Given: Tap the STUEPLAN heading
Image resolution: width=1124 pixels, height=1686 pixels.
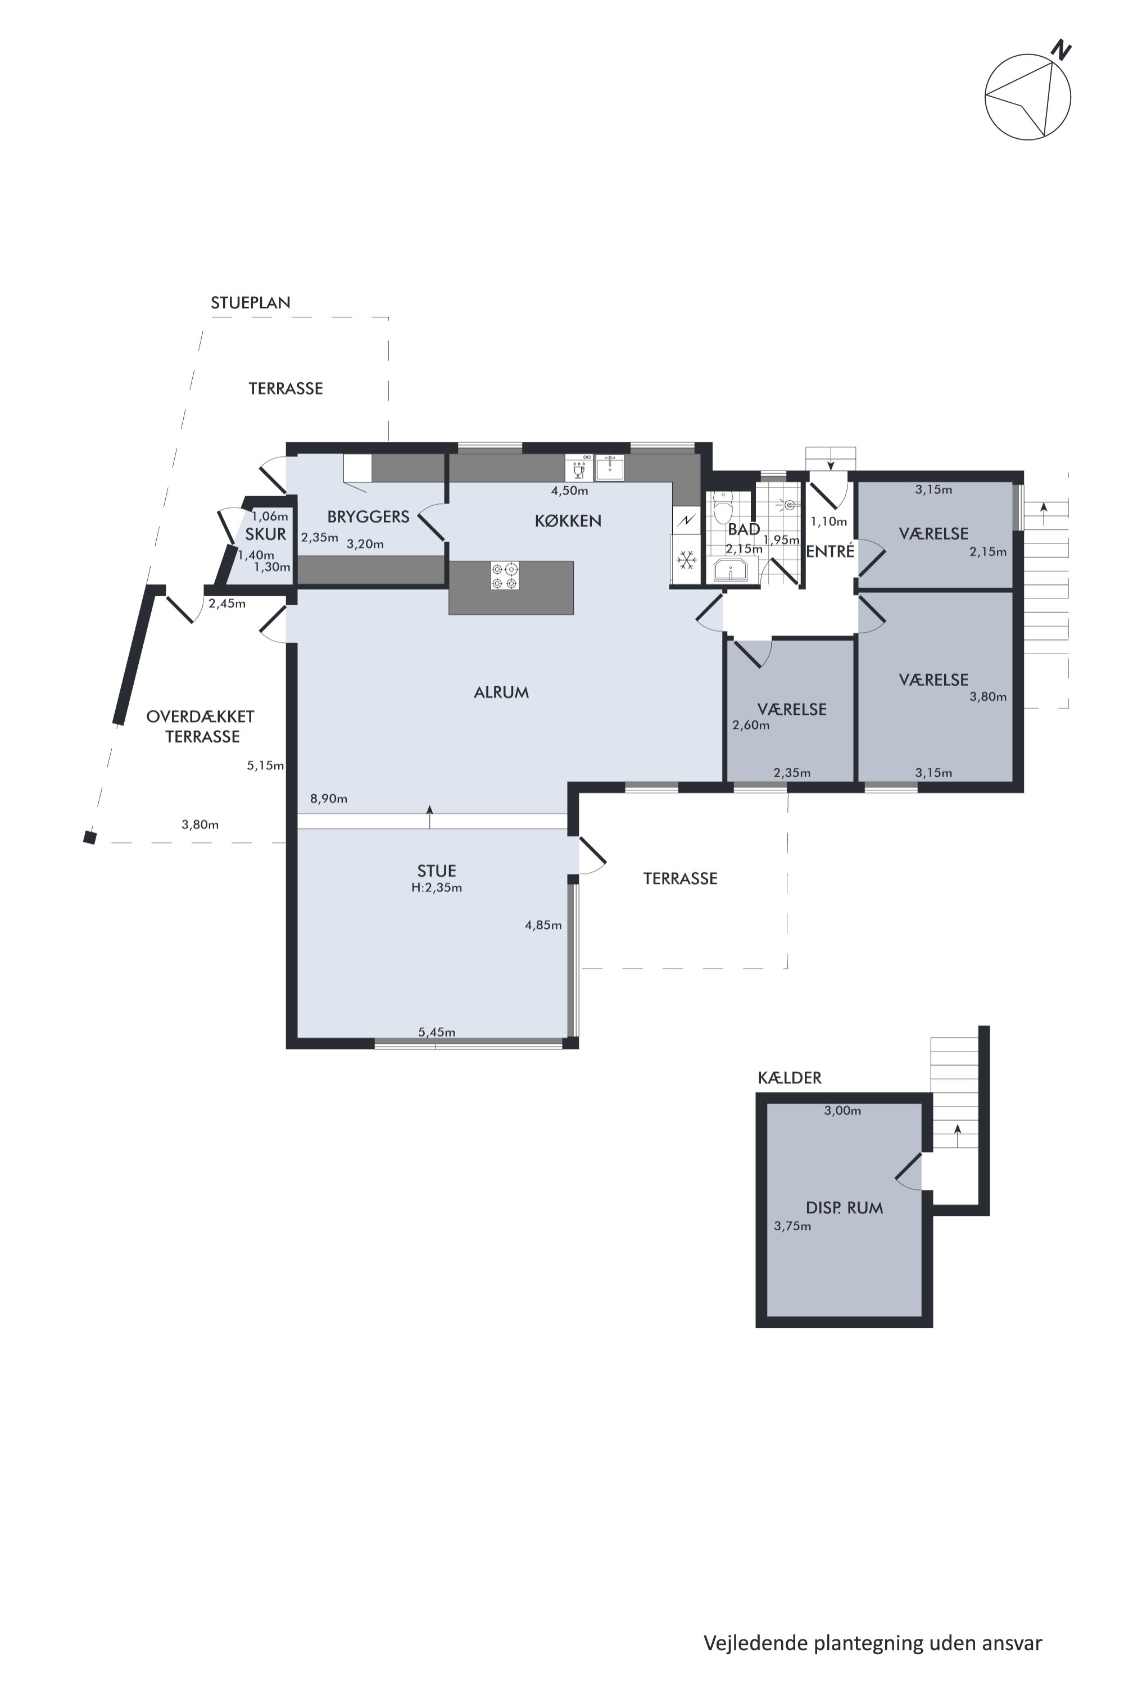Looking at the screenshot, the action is (x=250, y=302).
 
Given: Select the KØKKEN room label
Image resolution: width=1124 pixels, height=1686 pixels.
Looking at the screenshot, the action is (x=568, y=521).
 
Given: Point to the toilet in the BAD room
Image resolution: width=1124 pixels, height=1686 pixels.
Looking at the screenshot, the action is (x=723, y=507).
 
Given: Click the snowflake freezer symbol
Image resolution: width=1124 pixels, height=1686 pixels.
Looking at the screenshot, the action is (x=686, y=559).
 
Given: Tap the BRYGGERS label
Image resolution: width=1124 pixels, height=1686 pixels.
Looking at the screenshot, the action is (x=369, y=517).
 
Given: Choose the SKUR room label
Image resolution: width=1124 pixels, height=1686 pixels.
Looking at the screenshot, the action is (x=265, y=534).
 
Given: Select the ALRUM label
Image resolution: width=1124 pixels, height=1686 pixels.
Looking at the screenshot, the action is (x=501, y=692).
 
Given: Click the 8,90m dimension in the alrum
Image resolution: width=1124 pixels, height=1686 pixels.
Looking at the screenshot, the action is (x=328, y=799).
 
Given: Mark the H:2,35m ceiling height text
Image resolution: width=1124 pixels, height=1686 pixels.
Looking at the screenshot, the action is (x=437, y=887).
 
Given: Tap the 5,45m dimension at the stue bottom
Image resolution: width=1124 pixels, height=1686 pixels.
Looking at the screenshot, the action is (x=437, y=1032).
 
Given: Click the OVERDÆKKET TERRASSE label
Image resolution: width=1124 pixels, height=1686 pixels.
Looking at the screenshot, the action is (x=201, y=726).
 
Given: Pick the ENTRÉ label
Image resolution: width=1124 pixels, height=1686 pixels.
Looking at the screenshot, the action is (x=830, y=551).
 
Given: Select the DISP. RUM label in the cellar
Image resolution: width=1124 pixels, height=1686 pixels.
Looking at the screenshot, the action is (x=845, y=1208).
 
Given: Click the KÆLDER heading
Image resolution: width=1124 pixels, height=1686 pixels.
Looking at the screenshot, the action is (x=789, y=1077).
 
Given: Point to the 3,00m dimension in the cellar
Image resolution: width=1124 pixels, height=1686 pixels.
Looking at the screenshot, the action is (x=842, y=1111).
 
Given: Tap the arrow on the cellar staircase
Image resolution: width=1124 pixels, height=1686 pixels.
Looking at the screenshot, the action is (x=957, y=1136).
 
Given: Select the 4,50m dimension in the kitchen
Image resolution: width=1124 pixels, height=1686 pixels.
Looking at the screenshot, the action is (x=569, y=491).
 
